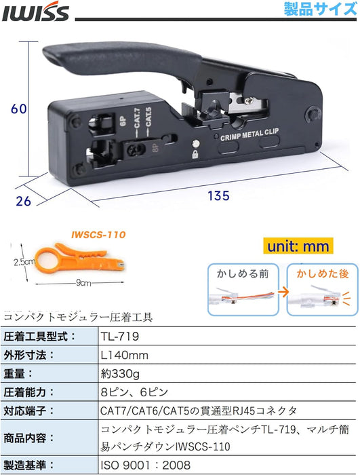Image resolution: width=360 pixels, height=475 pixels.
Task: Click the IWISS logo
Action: click(x=35, y=12)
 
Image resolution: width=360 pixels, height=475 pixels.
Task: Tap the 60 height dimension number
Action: click(x=19, y=109)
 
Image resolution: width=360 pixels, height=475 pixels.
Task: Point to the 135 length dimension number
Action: click(x=218, y=195)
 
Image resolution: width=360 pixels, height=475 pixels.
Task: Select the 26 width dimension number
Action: click(x=23, y=201)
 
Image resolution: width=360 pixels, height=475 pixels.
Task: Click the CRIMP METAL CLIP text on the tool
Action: click(x=249, y=135)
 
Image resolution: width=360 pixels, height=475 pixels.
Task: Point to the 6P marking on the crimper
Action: click(x=123, y=121)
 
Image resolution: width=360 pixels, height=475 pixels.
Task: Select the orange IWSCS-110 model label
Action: click(x=98, y=235)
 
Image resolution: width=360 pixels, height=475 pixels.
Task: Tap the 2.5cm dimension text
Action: click(x=24, y=262)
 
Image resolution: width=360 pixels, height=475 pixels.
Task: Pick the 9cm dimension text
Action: click(x=83, y=283)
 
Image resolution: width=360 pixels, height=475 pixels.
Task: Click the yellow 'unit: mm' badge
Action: click(x=298, y=246)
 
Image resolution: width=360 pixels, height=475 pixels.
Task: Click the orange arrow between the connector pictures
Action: click(x=283, y=292)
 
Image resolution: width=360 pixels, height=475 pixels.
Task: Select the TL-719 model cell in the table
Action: click(x=120, y=337)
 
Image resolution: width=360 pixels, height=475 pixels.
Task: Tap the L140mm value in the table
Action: click(x=125, y=355)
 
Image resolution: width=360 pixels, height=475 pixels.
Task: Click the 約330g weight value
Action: click(x=120, y=374)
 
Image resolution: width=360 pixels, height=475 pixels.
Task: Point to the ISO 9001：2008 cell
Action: click(x=146, y=465)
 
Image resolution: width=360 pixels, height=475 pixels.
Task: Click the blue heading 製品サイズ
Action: click(x=320, y=9)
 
